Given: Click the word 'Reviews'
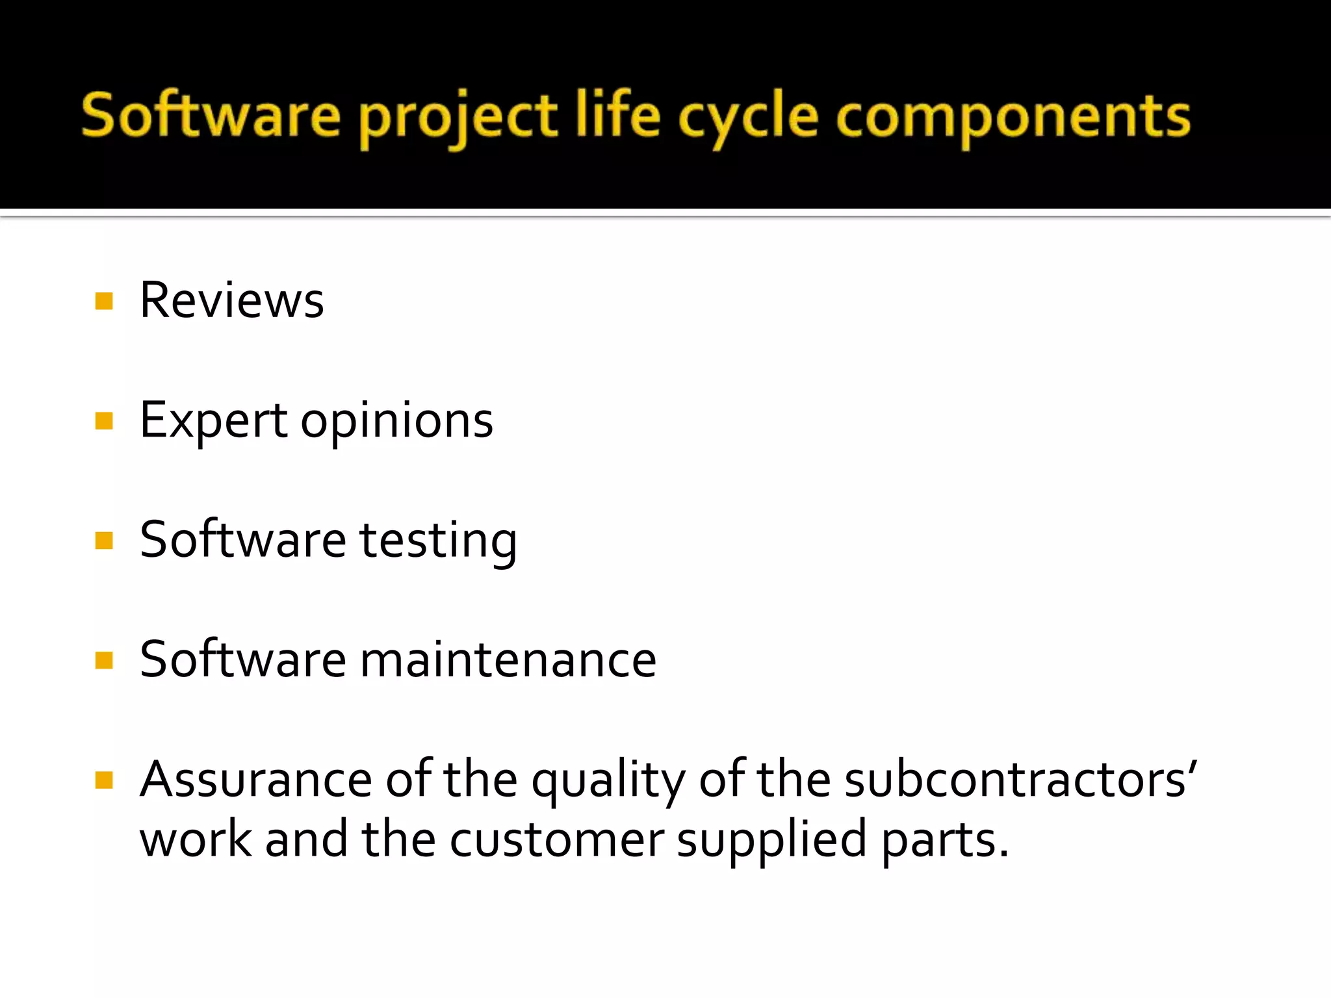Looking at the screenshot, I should click(x=232, y=301).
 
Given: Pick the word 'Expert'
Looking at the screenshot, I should click(x=213, y=421).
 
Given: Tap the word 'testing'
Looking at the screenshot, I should click(x=439, y=541).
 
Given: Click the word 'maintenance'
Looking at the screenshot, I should click(x=508, y=660).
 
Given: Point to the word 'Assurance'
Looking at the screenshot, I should click(x=255, y=779).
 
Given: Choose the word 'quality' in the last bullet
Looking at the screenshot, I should click(x=608, y=780).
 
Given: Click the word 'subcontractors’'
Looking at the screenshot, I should click(x=1020, y=779).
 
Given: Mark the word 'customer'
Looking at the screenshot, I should click(x=557, y=839).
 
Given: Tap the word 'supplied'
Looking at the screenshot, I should click(x=771, y=839).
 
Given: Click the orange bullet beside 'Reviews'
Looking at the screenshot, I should click(x=104, y=301).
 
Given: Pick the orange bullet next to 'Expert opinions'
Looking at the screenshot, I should click(x=104, y=421).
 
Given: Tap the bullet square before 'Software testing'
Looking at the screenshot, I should click(x=104, y=541).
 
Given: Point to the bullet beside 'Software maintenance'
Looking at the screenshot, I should click(x=104, y=660).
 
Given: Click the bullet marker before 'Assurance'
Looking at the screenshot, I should click(x=104, y=780).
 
